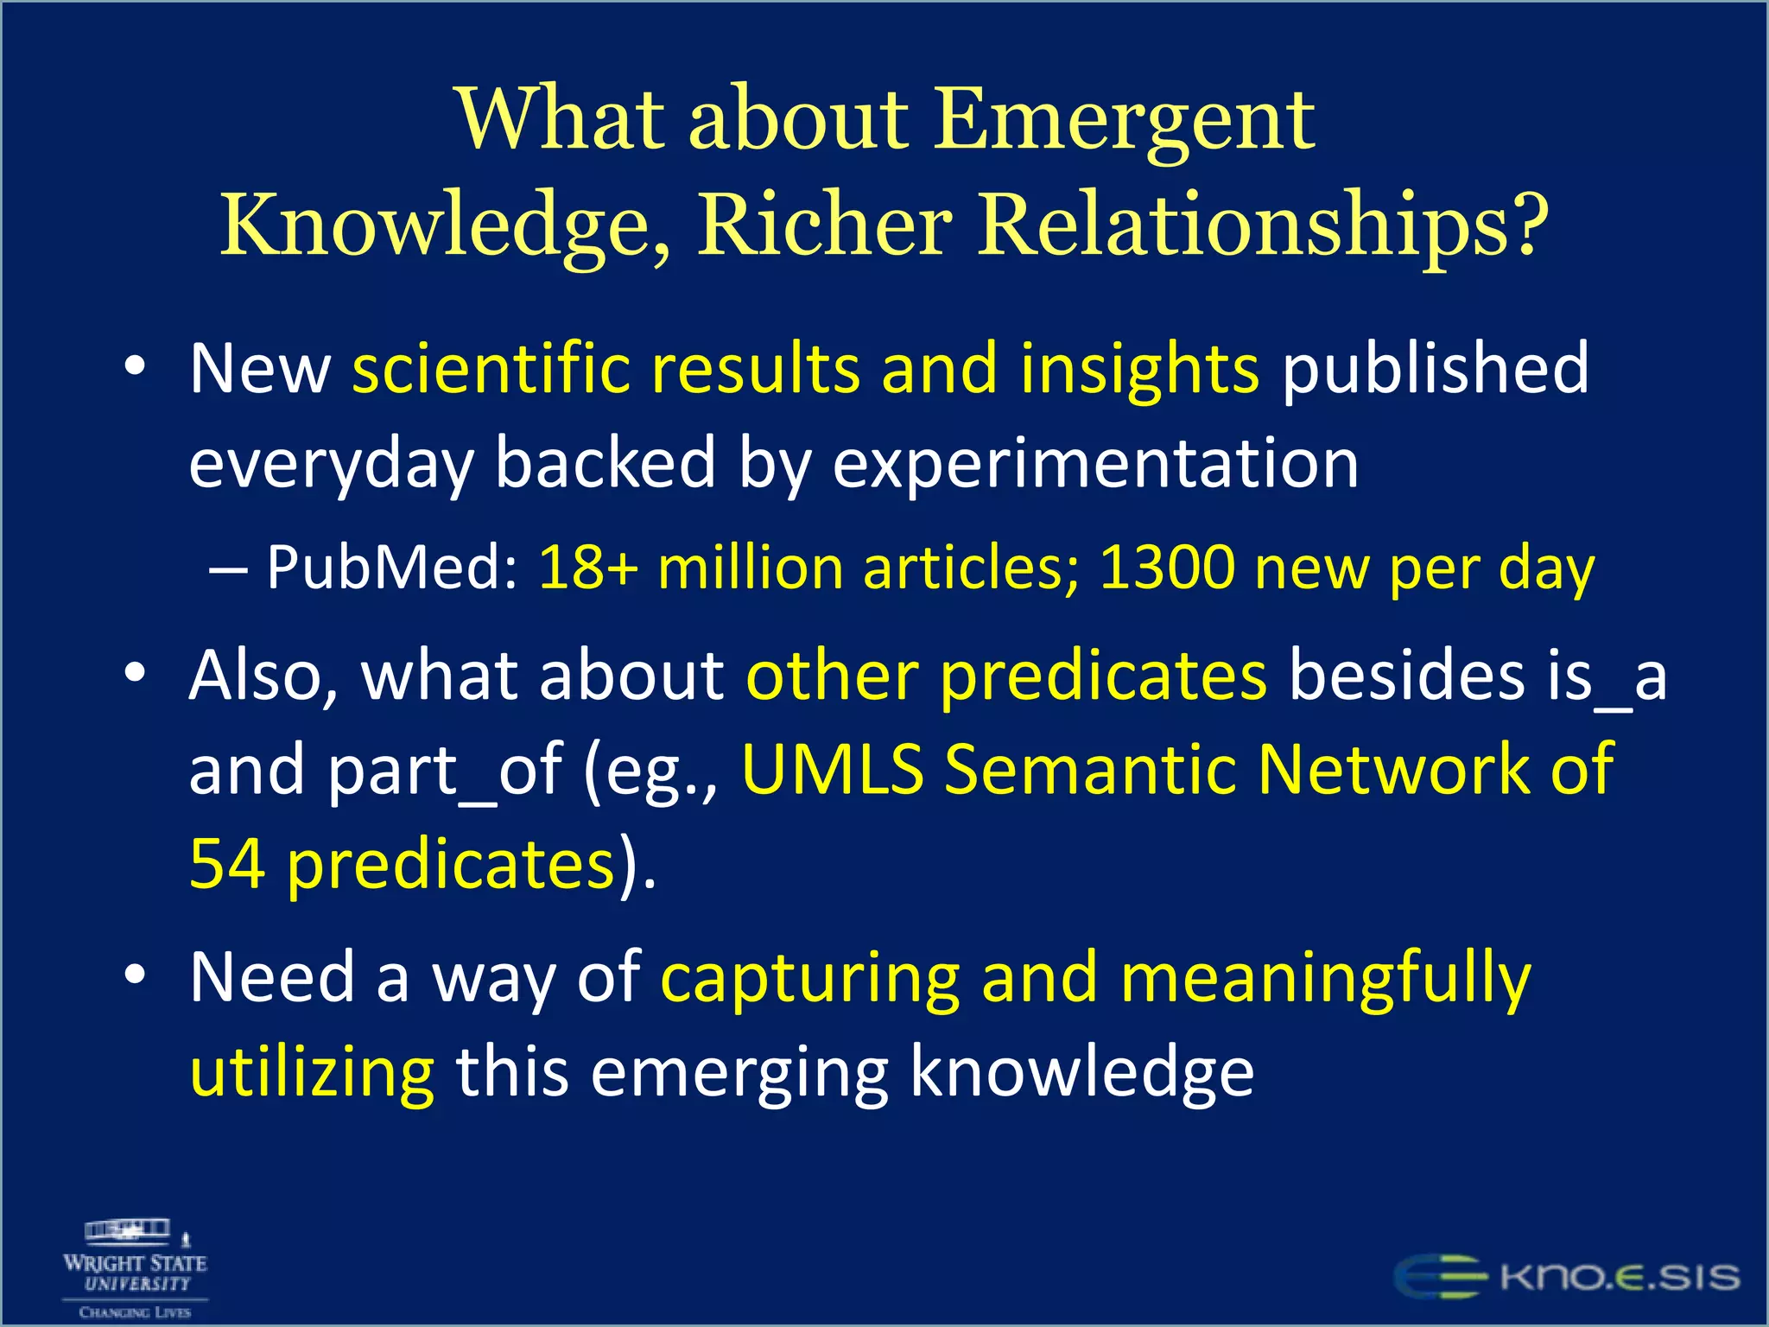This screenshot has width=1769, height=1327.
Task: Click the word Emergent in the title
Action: (x=1125, y=121)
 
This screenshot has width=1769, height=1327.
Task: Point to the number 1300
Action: (x=1167, y=568)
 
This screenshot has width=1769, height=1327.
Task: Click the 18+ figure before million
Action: (x=588, y=568)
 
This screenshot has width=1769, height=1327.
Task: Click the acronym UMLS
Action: (x=833, y=769)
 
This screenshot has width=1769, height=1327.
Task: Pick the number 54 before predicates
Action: (x=227, y=864)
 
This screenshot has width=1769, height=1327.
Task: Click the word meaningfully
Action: (x=1325, y=979)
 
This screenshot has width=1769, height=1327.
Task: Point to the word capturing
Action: (x=810, y=979)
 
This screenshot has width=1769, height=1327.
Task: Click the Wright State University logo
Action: (x=136, y=1268)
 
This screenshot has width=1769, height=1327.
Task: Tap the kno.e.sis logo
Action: (x=1567, y=1277)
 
